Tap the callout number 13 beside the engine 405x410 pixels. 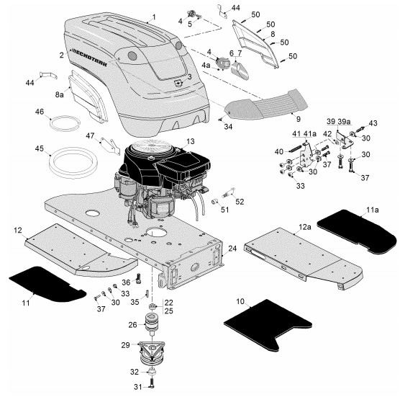[x=191, y=141]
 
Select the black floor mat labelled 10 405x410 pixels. [x=268, y=325]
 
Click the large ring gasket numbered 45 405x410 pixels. [x=73, y=163]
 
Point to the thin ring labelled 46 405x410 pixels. [x=65, y=123]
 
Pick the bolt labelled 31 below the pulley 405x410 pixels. [x=152, y=384]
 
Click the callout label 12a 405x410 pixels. [x=305, y=227]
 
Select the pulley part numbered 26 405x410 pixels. [x=152, y=324]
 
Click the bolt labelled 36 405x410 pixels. [x=138, y=278]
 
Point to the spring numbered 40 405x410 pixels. [x=296, y=148]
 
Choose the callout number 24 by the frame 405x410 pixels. [x=232, y=249]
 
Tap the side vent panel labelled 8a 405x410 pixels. [x=88, y=97]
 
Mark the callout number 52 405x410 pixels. [x=240, y=202]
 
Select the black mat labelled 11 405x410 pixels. [x=47, y=284]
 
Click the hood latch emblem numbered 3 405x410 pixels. [x=179, y=83]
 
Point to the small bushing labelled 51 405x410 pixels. [x=215, y=202]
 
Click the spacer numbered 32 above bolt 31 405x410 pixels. [x=152, y=371]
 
